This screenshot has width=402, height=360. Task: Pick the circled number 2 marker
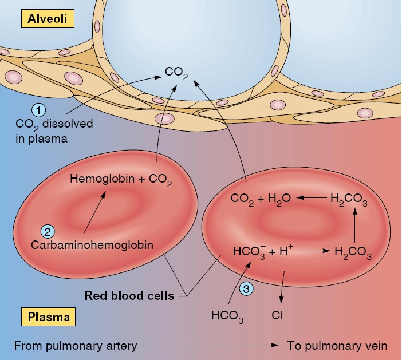tap(48, 231)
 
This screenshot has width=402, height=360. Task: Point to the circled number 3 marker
tap(247, 290)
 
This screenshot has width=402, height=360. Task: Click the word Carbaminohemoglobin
tap(84, 245)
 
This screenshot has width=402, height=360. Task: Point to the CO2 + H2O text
tap(261, 199)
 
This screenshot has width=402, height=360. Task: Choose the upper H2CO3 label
tap(349, 199)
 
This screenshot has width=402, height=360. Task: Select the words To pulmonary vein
tap(337, 346)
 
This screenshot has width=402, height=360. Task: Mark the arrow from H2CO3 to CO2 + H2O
tap(310, 198)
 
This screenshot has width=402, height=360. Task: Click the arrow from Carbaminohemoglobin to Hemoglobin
tap(94, 212)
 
